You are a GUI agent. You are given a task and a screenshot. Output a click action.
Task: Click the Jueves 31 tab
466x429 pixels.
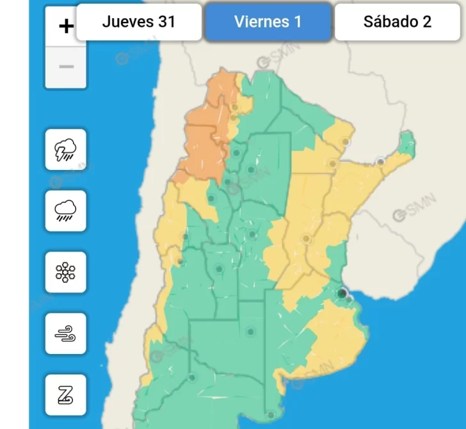(x=138, y=22)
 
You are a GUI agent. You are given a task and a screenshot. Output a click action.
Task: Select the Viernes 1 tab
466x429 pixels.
(x=268, y=22)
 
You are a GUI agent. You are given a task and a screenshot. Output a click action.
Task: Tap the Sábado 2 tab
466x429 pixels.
(x=398, y=22)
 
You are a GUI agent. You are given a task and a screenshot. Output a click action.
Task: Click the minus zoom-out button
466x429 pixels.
(x=66, y=67)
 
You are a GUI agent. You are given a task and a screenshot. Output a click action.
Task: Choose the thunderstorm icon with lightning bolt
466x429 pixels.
(x=66, y=149)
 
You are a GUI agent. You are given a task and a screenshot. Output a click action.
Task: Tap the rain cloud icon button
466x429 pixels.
(x=66, y=210)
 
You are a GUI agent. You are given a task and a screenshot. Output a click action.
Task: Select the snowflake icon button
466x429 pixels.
(x=66, y=272)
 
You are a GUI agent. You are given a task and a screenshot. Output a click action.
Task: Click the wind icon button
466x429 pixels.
(x=66, y=333)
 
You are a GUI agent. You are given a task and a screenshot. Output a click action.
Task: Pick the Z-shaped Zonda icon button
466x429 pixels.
(x=66, y=395)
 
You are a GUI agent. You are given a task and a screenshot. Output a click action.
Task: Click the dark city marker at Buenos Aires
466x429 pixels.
(x=342, y=293)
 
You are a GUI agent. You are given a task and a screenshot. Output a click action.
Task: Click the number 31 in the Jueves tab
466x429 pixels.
(x=166, y=22)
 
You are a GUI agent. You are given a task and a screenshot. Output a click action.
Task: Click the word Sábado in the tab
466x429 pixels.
(x=385, y=22)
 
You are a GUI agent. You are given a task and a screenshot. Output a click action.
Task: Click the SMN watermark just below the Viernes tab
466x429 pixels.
(x=271, y=62)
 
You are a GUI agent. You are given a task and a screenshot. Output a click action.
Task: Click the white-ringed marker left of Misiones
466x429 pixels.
(x=381, y=161)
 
